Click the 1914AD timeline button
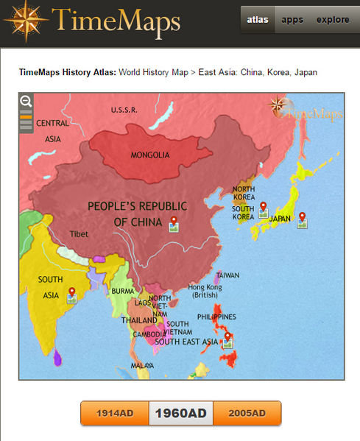tap(114, 414)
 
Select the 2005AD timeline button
tap(247, 414)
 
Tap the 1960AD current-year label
tap(180, 414)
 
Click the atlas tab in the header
tap(257, 20)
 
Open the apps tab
tap(292, 20)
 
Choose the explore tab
tap(333, 20)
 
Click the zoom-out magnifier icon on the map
tap(26, 102)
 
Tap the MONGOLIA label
tap(150, 155)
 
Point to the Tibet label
tap(78, 233)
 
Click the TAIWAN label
tap(227, 275)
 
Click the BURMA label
tap(123, 292)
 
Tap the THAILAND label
tap(139, 320)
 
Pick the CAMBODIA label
tap(149, 334)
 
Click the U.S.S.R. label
tap(124, 110)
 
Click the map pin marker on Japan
tap(302, 218)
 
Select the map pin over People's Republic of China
tap(174, 222)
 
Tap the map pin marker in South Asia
tap(71, 294)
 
